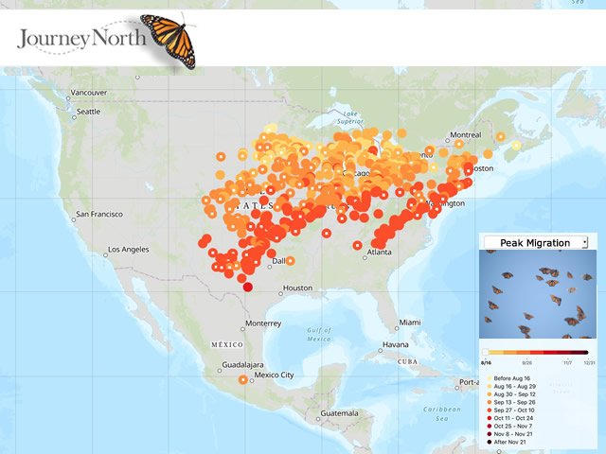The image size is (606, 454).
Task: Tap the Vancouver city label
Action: pyautogui.click(x=91, y=93)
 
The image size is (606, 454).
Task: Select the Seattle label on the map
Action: pyautogui.click(x=87, y=112)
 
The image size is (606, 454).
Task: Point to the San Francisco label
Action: pyautogui.click(x=98, y=214)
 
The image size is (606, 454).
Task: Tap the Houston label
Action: pyautogui.click(x=297, y=288)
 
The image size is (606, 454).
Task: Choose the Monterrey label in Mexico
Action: pyautogui.click(x=262, y=323)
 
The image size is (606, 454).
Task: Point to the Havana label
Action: pyautogui.click(x=397, y=344)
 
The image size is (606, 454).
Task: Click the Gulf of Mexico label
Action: pyautogui.click(x=319, y=333)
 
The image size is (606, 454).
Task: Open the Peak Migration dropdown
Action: pyautogui.click(x=536, y=243)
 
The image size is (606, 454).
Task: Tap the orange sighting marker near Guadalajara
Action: pyautogui.click(x=243, y=379)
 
